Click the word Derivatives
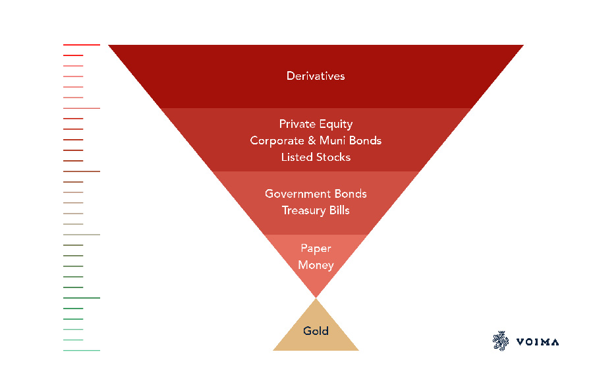316,76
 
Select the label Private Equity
316,124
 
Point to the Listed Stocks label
316,157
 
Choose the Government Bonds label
316,194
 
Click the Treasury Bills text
316,210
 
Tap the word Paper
316,249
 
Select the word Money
316,265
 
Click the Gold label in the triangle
316,331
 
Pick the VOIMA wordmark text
538,341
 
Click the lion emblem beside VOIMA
501,340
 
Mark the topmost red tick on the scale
81,45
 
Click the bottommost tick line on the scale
81,350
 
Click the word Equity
337,124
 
